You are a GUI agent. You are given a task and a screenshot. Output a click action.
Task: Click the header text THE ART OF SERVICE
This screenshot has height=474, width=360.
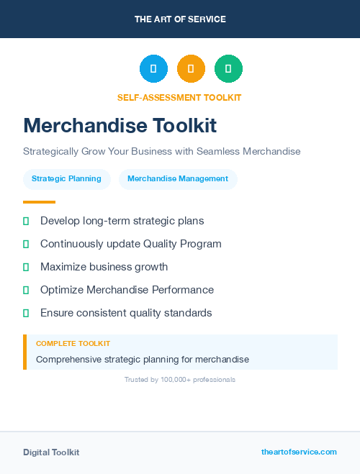pyautogui.click(x=180, y=19)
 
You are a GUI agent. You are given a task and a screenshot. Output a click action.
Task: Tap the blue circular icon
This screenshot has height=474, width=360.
pyautogui.click(x=153, y=69)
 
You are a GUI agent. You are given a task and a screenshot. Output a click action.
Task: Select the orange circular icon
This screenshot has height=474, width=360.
pyautogui.click(x=191, y=69)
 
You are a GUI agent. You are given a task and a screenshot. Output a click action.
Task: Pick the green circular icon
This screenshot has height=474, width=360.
pyautogui.click(x=228, y=69)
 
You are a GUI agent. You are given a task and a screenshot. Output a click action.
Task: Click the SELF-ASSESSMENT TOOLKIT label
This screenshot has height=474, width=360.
pyautogui.click(x=179, y=97)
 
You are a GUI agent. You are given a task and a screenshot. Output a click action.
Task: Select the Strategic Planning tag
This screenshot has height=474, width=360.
pyautogui.click(x=66, y=179)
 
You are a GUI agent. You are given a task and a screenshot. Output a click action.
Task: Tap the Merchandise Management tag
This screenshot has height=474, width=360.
pyautogui.click(x=178, y=179)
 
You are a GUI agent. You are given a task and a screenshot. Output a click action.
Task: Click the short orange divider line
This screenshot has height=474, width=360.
pyautogui.click(x=39, y=202)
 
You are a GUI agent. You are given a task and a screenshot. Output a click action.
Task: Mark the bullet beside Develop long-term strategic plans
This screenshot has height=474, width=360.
pyautogui.click(x=26, y=221)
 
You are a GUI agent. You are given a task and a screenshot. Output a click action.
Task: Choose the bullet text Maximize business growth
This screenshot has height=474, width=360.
pyautogui.click(x=104, y=267)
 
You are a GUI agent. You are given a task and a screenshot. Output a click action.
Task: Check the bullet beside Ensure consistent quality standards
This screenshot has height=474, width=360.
pyautogui.click(x=26, y=313)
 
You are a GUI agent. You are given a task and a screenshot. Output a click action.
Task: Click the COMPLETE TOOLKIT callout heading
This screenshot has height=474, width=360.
pyautogui.click(x=73, y=344)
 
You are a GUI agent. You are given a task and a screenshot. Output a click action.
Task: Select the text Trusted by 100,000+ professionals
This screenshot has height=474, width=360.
pyautogui.click(x=180, y=379)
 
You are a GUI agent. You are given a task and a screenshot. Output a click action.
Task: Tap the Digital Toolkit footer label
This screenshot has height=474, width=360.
pyautogui.click(x=51, y=452)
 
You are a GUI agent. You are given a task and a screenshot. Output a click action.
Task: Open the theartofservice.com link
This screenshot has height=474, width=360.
pyautogui.click(x=299, y=452)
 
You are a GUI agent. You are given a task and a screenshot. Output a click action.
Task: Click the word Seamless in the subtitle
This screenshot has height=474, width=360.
pyautogui.click(x=217, y=152)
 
